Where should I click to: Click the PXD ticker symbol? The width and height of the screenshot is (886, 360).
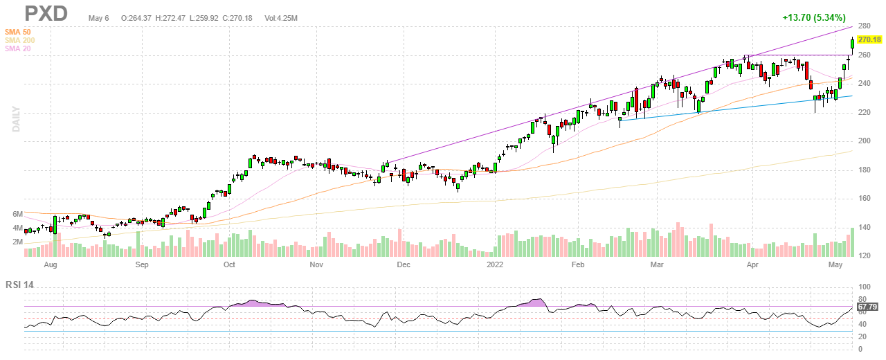pyautogui.click(x=46, y=12)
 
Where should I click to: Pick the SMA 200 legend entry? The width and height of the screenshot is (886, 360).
pyautogui.click(x=21, y=40)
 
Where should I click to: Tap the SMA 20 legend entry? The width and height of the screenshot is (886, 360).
pyautogui.click(x=19, y=48)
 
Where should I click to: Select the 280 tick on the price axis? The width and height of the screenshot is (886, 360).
pyautogui.click(x=864, y=26)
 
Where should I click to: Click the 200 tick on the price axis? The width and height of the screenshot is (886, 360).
pyautogui.click(x=864, y=141)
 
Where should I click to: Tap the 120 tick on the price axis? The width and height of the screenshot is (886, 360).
pyautogui.click(x=864, y=255)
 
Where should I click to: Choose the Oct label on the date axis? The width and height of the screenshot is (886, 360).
pyautogui.click(x=229, y=264)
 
